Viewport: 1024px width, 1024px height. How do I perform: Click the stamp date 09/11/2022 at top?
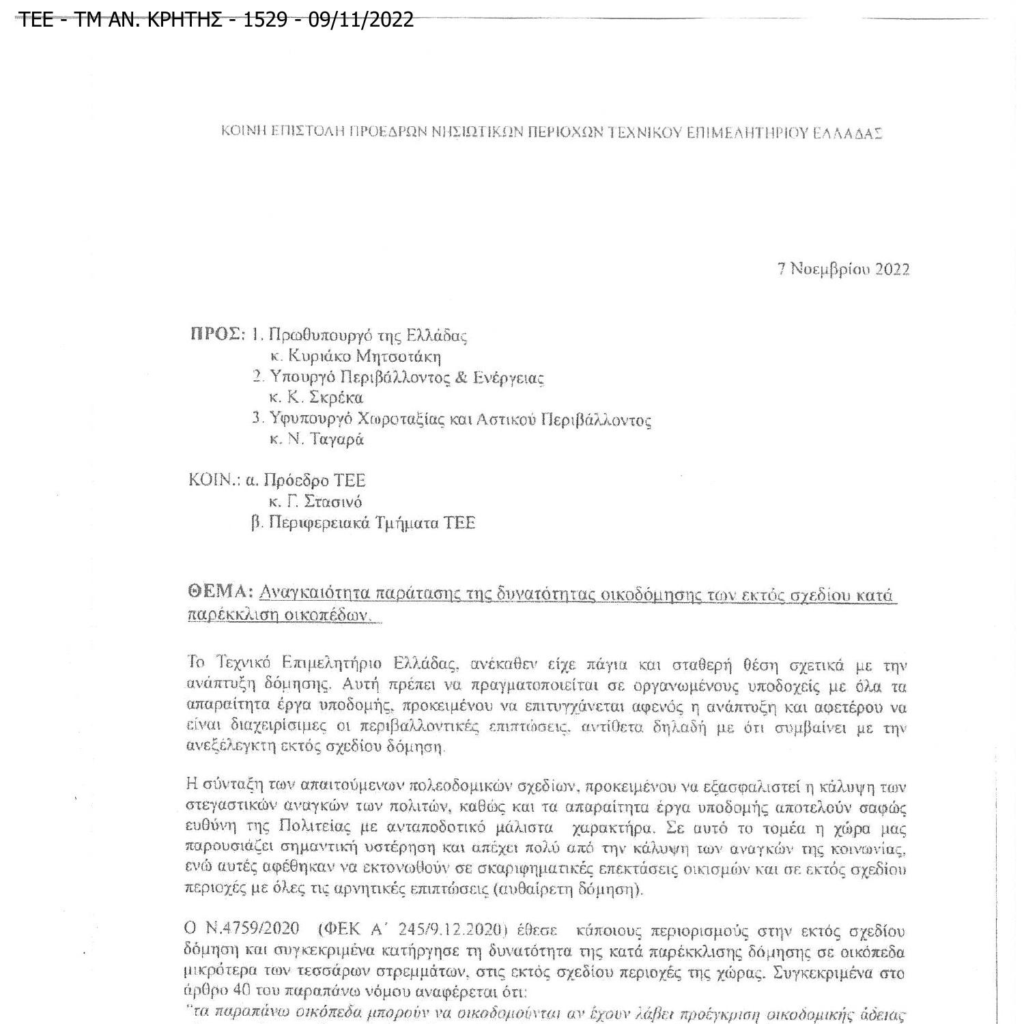coord(361,19)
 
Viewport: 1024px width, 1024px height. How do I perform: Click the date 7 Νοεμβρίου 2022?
coord(843,269)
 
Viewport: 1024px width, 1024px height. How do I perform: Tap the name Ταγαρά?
coord(337,440)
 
